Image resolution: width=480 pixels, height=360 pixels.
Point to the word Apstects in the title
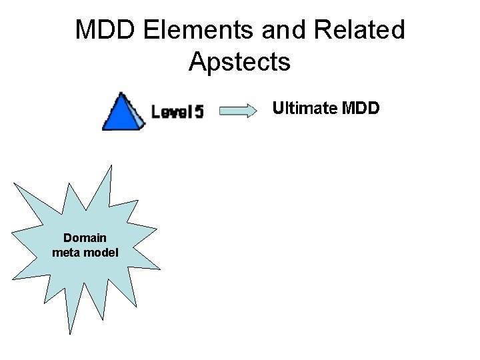point(239,61)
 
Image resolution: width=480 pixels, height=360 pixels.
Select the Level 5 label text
point(177,111)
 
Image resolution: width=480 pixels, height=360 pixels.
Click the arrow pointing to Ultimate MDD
point(237,110)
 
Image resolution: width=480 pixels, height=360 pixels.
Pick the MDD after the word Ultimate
point(360,107)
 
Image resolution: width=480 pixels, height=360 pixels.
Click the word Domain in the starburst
point(85,239)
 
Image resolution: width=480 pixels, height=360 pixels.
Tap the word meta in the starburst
point(65,252)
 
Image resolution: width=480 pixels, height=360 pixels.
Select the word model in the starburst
point(101,252)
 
